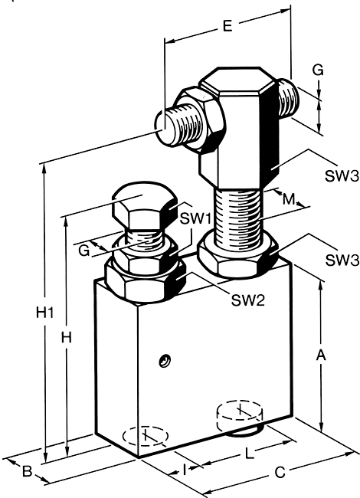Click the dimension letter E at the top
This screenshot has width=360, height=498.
[x=227, y=26]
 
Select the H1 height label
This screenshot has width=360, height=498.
[x=44, y=313]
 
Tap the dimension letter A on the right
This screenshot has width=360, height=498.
[x=321, y=355]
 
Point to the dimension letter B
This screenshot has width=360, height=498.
[x=28, y=471]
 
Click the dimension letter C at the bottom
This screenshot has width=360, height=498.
[x=280, y=473]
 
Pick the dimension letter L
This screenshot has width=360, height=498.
[x=250, y=454]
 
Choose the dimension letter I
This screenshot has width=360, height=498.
[x=185, y=470]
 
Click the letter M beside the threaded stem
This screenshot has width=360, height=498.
[x=289, y=199]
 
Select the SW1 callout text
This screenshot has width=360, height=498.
[x=195, y=218]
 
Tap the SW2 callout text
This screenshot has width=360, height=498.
[x=247, y=300]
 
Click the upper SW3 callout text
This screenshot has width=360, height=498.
[x=342, y=175]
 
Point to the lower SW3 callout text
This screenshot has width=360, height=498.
[x=342, y=260]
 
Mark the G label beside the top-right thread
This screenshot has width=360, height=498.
[x=318, y=70]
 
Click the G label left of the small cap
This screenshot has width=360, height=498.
[x=84, y=251]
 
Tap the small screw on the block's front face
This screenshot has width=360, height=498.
[x=165, y=361]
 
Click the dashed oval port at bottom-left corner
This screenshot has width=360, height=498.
[x=146, y=436]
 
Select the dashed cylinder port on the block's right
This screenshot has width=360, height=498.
[x=240, y=415]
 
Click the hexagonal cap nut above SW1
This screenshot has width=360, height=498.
[x=144, y=206]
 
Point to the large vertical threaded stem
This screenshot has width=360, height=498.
[x=239, y=218]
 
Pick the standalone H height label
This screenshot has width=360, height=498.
[x=67, y=338]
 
